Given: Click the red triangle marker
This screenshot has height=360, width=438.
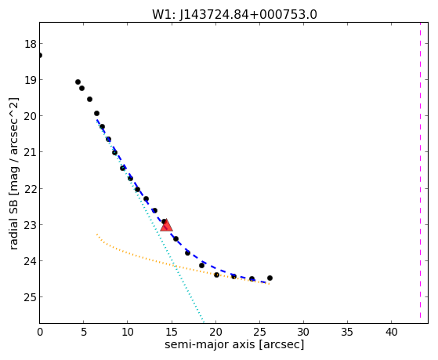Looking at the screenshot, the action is (166, 225).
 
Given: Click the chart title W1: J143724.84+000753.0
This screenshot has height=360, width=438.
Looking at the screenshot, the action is (234, 15).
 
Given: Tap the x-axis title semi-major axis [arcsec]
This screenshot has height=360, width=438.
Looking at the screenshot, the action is (234, 344).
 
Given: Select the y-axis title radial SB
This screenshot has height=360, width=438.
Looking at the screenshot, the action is (13, 228).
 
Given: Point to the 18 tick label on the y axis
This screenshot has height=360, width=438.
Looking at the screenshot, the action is (31, 44).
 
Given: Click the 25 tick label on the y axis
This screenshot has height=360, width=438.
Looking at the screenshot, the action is (31, 297).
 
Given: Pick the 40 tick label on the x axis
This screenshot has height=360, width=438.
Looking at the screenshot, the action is (391, 332).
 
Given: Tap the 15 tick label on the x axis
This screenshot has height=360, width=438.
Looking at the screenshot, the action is (172, 332).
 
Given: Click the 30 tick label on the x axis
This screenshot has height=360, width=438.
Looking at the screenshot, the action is (303, 332).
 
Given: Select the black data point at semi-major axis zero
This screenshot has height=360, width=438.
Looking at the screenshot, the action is (40, 56).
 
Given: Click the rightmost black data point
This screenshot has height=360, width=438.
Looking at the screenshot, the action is (270, 278).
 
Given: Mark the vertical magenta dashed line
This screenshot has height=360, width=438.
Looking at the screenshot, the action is (420, 170).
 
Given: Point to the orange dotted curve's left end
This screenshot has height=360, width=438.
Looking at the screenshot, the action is (97, 235).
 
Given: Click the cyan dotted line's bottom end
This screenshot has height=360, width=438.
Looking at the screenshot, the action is (204, 322).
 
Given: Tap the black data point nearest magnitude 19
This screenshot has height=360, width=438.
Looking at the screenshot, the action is (78, 82).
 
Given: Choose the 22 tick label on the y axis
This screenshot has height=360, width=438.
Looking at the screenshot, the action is (31, 189).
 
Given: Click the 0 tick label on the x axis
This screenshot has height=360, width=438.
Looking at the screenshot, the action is (40, 332).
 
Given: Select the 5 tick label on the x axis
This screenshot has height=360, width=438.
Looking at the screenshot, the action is (84, 332).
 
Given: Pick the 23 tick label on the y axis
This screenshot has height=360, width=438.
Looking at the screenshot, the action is (31, 225).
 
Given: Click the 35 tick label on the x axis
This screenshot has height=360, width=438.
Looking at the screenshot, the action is (347, 332).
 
